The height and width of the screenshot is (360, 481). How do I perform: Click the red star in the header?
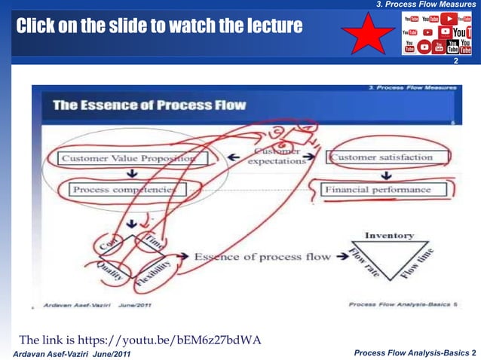coord(368,32)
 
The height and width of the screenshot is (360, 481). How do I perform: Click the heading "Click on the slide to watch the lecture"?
coord(159,27)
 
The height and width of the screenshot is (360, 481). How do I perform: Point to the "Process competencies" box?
coord(124,190)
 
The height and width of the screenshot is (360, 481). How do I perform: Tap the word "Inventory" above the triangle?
coord(390,236)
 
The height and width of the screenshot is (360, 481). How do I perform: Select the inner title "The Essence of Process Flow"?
coord(149,105)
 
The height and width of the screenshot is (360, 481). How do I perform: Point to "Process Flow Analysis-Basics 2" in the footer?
coord(415,352)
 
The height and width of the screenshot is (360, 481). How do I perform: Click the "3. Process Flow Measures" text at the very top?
coord(427,5)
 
